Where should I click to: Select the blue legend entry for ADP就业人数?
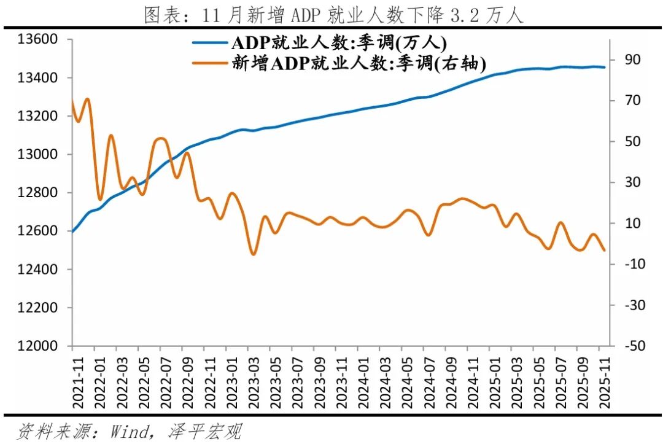tap(338, 43)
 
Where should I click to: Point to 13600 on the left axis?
tap(37, 39)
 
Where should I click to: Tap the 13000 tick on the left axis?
tap(37, 154)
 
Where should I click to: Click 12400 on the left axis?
tap(37, 270)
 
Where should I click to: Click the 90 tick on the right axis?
tap(632, 60)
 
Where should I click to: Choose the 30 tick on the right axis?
tap(632, 182)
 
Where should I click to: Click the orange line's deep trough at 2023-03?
tap(252, 254)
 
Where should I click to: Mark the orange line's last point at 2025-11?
tap(605, 250)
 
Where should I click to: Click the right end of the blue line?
tap(605, 67)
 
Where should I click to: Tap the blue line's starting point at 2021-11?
tap(72, 232)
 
